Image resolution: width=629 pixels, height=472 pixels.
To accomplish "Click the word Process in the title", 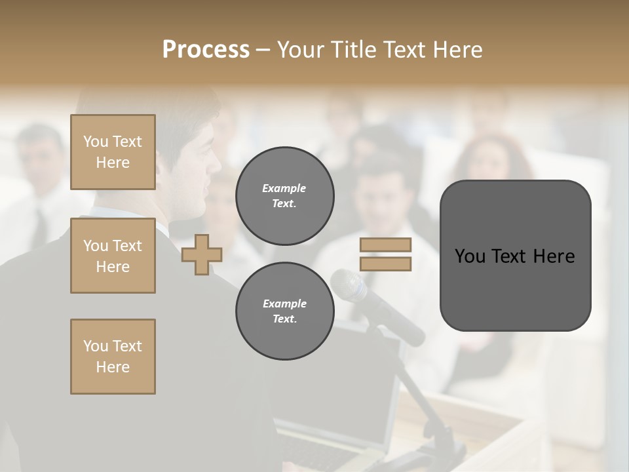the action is pyautogui.click(x=206, y=50).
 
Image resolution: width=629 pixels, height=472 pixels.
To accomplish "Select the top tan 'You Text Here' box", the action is pyautogui.click(x=113, y=152).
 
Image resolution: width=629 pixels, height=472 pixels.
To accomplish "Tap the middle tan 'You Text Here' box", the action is pyautogui.click(x=113, y=256).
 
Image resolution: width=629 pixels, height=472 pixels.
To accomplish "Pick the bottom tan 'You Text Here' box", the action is pyautogui.click(x=113, y=357).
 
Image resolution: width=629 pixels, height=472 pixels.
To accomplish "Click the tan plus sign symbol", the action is pyautogui.click(x=202, y=254).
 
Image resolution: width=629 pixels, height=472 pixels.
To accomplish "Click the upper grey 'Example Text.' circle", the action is pyautogui.click(x=284, y=196).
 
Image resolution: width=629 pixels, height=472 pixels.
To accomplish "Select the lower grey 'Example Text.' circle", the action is pyautogui.click(x=284, y=311).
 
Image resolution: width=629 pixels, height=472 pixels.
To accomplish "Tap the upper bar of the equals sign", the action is pyautogui.click(x=385, y=245).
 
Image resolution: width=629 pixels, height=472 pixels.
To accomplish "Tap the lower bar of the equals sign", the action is pyautogui.click(x=385, y=264).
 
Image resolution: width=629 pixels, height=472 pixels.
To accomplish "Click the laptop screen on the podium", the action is pyautogui.click(x=354, y=393).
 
